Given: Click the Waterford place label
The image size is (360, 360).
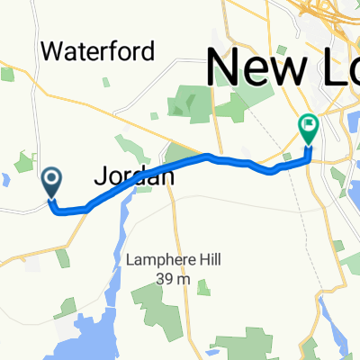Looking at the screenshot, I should tap(98, 50).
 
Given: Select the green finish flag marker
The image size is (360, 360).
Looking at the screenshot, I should tap(309, 130).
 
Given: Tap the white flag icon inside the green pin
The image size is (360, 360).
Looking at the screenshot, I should tap(309, 125).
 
